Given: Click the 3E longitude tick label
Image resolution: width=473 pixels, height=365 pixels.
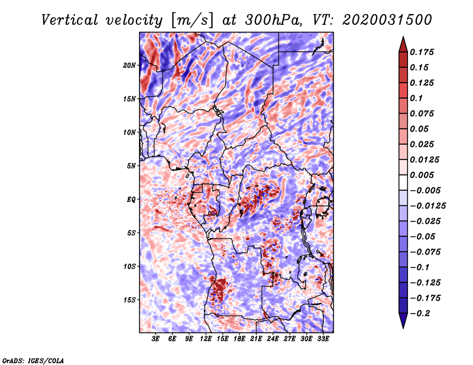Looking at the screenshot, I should tap(156, 339).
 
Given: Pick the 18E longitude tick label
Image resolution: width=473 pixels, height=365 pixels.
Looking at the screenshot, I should tap(239, 339).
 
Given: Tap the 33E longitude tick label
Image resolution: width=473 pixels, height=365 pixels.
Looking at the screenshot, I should tap(323, 339).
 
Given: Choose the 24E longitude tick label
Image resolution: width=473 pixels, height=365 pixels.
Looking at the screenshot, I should tap(273, 339).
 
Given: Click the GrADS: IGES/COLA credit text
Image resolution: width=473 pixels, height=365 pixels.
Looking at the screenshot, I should tap(33, 360).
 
